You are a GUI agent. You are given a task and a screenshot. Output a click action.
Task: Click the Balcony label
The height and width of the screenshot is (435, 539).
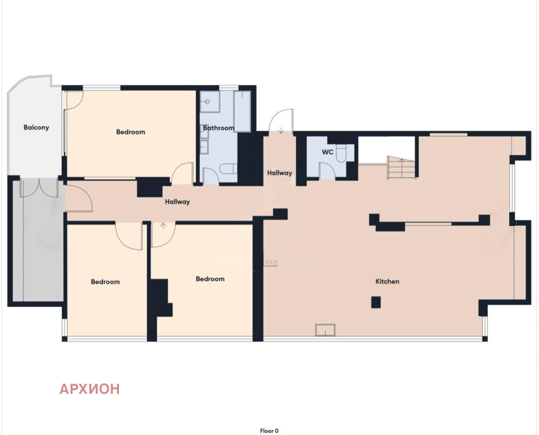click(36, 128)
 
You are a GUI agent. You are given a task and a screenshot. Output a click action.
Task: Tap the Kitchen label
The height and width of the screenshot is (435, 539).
click(387, 281)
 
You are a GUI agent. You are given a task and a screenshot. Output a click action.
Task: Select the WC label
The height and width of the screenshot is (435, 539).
click(327, 152)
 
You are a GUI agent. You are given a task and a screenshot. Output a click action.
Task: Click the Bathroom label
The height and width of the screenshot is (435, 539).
click(218, 128)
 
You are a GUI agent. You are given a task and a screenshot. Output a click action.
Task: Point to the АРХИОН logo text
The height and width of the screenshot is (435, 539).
click(90, 389)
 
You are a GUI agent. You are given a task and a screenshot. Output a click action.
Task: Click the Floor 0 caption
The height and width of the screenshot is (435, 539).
click(269, 431)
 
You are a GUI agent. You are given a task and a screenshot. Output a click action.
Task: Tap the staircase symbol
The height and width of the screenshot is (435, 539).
click(401, 168)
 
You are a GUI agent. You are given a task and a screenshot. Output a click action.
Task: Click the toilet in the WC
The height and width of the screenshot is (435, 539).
click(341, 153)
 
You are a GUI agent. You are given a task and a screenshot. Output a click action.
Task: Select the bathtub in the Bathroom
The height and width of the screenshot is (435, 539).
click(242, 111)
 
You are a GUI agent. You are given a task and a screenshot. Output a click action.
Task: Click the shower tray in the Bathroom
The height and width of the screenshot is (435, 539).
click(210, 102)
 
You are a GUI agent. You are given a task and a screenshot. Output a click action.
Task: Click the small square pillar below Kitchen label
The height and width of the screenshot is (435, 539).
click(376, 302)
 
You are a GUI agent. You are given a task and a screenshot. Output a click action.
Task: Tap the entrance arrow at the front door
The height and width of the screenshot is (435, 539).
click(281, 130)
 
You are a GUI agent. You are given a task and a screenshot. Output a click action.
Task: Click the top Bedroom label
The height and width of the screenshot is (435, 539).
click(130, 132)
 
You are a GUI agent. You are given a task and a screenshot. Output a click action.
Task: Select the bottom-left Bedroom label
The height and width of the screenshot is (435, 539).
click(105, 282)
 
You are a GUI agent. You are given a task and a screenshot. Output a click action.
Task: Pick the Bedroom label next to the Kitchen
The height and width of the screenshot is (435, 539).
click(210, 279)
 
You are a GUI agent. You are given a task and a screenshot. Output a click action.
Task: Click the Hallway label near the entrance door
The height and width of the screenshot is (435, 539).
click(280, 173)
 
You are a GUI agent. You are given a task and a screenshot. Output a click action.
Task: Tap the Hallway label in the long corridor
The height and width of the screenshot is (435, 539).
click(178, 202)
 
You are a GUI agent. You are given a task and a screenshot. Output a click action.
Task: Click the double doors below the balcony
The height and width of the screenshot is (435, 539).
click(38, 187)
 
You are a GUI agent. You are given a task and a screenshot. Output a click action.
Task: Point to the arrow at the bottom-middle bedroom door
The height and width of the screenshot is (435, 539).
click(163, 226)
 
